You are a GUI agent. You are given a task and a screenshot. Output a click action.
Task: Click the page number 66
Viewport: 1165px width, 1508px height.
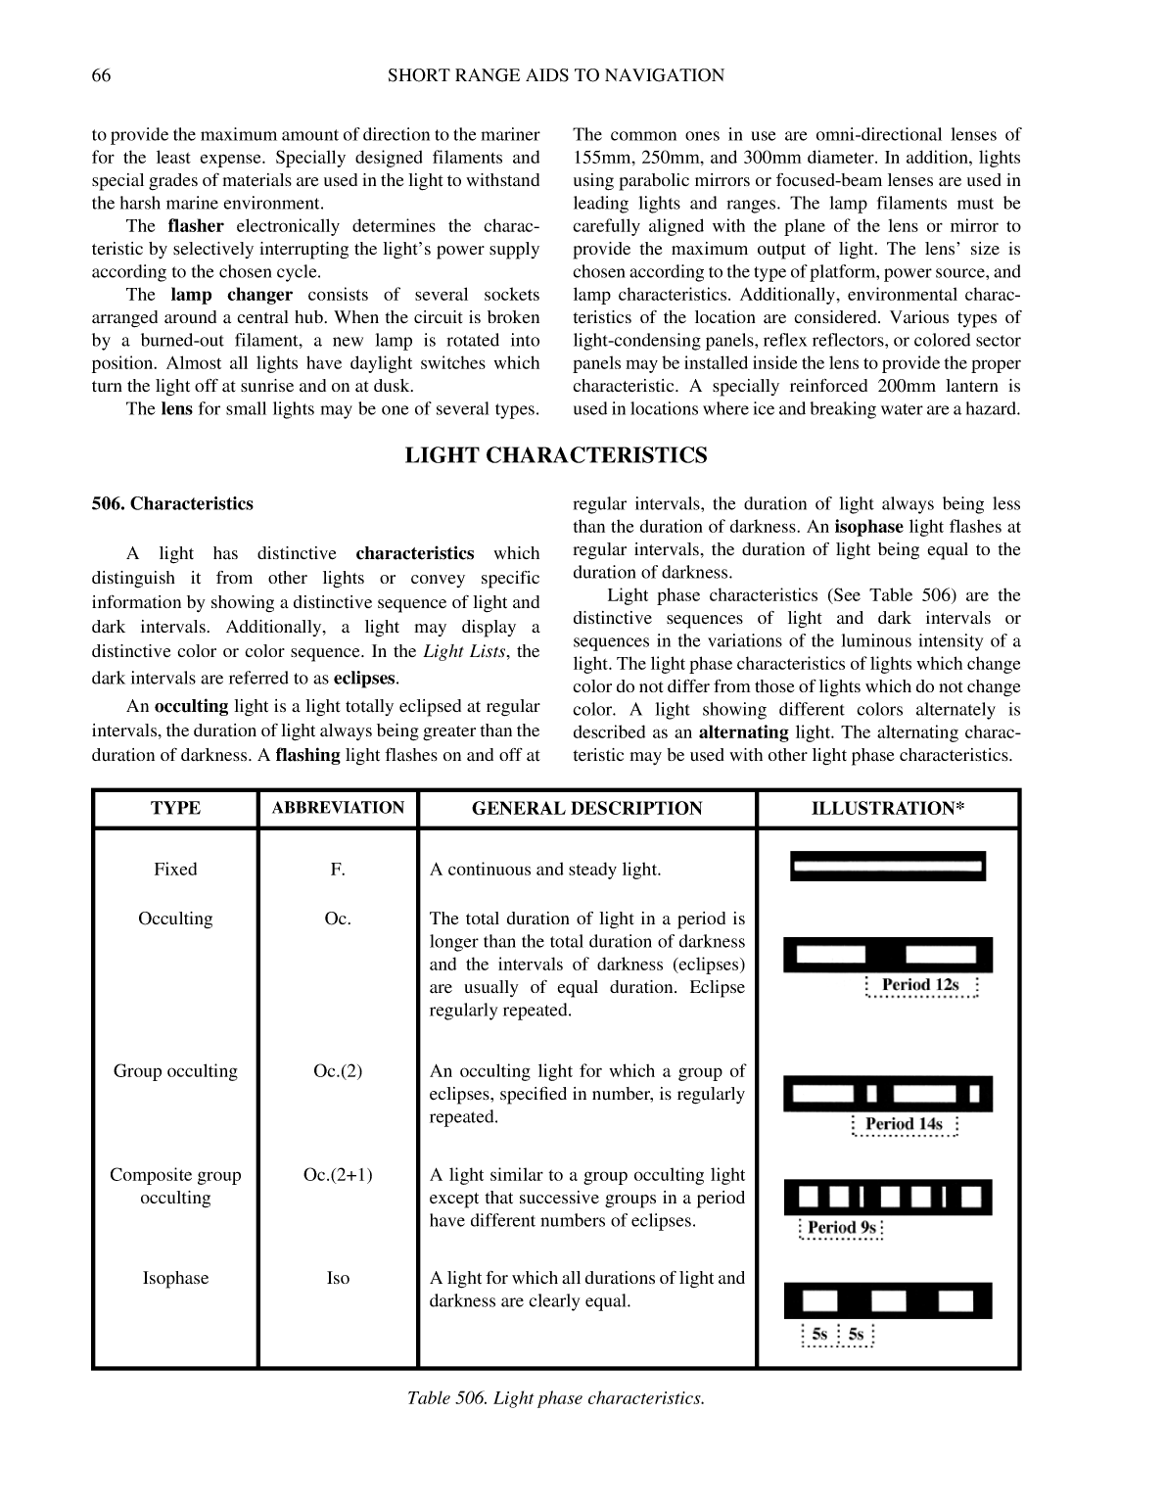coord(101,75)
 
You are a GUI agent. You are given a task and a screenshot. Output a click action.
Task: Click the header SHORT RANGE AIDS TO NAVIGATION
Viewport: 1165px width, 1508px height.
coord(556,75)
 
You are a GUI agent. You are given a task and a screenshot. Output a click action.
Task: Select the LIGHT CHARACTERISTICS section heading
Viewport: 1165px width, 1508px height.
coord(556,455)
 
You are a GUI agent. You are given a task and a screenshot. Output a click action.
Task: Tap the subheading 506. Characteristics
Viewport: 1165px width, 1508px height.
coord(172,504)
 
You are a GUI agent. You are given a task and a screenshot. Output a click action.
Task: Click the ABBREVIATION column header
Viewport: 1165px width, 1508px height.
coord(338,808)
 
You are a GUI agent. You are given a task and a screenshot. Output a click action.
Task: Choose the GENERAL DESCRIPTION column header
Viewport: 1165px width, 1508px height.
coord(586,809)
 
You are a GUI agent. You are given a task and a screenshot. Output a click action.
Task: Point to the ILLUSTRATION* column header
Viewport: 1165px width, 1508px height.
coord(888,809)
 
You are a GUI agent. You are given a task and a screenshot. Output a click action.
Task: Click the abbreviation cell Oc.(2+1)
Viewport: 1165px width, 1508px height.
coord(338,1175)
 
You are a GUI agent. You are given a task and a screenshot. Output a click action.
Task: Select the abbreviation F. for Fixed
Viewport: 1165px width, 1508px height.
coord(338,870)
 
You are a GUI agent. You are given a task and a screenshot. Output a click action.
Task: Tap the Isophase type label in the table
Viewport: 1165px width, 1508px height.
coord(175,1279)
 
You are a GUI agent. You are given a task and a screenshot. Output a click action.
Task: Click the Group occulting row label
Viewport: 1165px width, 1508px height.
coord(175,1071)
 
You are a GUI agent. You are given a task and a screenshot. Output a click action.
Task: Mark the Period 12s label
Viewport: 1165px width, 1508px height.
coord(920,985)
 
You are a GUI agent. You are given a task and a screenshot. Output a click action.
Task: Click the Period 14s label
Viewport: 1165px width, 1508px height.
coord(904,1124)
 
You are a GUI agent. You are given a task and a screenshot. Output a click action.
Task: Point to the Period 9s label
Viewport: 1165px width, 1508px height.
coord(841,1228)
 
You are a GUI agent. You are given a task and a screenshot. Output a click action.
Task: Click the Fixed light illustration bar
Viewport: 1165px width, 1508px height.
coord(888,867)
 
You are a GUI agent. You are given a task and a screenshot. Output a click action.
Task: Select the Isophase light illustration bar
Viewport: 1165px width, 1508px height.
coord(888,1300)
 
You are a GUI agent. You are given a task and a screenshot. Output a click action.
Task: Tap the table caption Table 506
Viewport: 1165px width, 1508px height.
coord(556,1398)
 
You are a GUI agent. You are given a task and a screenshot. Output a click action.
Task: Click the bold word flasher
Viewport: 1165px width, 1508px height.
coord(196,226)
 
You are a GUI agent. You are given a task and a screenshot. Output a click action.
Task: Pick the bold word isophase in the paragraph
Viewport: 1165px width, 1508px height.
coord(868,527)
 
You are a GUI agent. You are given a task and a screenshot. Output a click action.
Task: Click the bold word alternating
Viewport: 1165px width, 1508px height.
coord(743,732)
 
